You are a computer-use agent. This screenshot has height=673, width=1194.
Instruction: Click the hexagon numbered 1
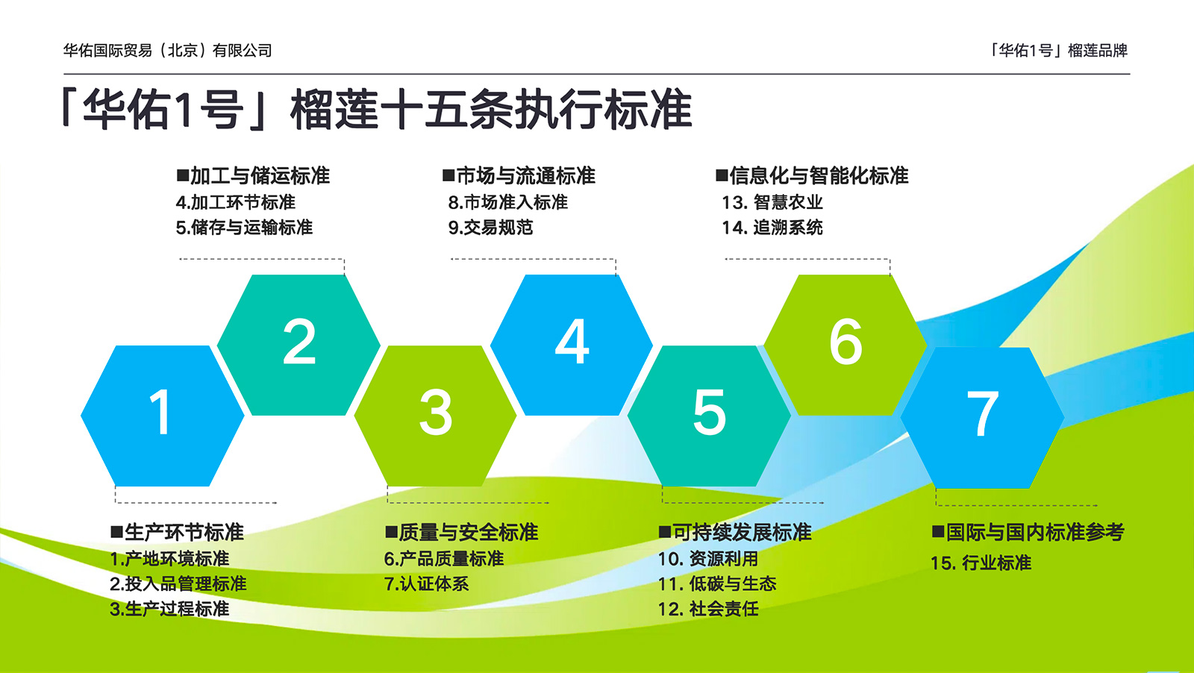coord(162,416)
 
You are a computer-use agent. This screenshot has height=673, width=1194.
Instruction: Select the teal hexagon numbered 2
coord(298,345)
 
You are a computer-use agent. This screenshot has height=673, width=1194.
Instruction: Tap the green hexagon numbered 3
coord(436,416)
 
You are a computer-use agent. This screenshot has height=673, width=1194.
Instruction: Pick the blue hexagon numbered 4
coord(572,345)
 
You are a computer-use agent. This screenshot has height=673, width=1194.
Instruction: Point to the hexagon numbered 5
coord(709,416)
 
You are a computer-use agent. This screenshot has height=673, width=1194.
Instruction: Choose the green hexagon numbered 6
coord(846,345)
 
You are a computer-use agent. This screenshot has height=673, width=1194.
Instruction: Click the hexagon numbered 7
coord(982,417)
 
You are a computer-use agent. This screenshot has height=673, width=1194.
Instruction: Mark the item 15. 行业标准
coord(981,563)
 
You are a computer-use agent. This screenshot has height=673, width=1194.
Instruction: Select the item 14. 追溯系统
coord(772,228)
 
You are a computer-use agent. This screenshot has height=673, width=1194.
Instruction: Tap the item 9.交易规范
coord(490,228)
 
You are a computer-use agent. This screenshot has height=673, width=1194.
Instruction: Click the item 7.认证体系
coord(426,584)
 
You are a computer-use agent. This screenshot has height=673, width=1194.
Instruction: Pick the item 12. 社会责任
coord(708,609)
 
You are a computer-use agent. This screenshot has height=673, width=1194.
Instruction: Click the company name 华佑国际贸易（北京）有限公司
coord(167,51)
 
